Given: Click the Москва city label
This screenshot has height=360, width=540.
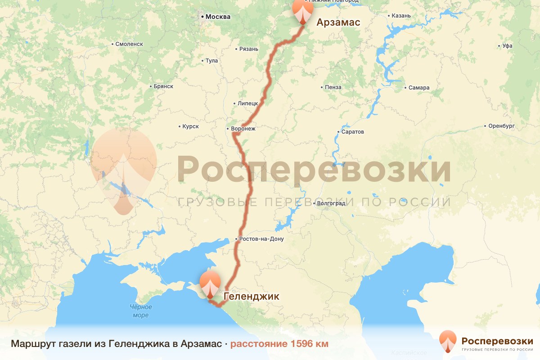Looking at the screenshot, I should [x=218, y=17].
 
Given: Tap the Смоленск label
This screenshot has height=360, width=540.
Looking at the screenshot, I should [x=129, y=44].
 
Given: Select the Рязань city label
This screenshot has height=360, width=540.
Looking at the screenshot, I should [x=249, y=49].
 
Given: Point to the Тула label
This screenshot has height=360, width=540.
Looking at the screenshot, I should [x=211, y=61].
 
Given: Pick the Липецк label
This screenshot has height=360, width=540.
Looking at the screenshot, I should [x=248, y=103].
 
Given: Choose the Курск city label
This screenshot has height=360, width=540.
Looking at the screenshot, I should [x=190, y=127].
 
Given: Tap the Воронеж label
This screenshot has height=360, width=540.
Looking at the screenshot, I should [x=243, y=129].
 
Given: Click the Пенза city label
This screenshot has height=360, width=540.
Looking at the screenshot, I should [x=333, y=87].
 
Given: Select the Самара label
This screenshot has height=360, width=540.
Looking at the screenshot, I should [x=419, y=88].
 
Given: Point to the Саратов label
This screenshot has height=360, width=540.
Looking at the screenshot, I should [x=353, y=132].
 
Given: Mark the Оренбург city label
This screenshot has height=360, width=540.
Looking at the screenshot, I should [x=501, y=126].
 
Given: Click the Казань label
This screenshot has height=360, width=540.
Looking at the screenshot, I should [x=401, y=16].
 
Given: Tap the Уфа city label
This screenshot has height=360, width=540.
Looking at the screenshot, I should [x=508, y=46].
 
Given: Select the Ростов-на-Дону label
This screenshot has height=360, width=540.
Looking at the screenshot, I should [x=261, y=239].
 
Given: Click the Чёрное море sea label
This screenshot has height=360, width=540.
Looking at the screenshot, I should [x=141, y=311].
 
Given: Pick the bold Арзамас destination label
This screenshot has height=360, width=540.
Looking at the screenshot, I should [x=338, y=22].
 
